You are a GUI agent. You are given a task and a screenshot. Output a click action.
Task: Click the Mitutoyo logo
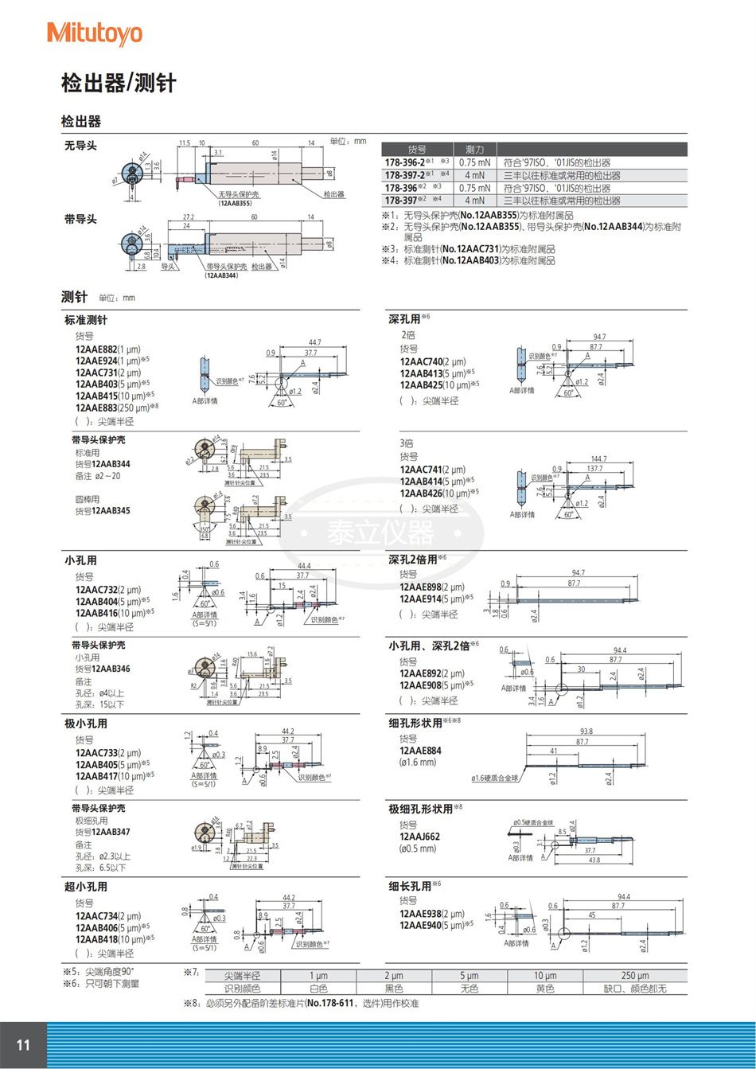(95, 33)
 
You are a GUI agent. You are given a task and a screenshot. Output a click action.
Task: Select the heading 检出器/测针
(119, 83)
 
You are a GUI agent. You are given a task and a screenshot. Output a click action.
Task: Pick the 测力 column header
(474, 149)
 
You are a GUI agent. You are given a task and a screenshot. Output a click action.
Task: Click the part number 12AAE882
(95, 349)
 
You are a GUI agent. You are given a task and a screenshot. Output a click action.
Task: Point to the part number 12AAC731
(95, 372)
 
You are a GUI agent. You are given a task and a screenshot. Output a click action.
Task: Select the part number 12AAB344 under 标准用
(111, 463)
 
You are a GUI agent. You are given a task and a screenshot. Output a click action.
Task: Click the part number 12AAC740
(419, 361)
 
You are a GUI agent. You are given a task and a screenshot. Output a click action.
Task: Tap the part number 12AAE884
(419, 750)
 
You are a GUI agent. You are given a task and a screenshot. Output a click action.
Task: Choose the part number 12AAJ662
(419, 837)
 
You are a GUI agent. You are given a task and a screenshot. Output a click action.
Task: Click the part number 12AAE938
(419, 913)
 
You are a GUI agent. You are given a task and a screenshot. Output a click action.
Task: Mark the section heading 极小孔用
(86, 724)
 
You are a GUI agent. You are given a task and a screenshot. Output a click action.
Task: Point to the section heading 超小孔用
(86, 887)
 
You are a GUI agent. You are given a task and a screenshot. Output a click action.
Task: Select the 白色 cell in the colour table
(318, 989)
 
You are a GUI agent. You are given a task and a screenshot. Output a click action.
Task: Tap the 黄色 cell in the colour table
(544, 989)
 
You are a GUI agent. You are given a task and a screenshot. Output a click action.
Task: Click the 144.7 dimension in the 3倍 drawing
(598, 459)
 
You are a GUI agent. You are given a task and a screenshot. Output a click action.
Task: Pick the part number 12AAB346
(111, 669)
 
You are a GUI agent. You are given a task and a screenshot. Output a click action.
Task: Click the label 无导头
(80, 146)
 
